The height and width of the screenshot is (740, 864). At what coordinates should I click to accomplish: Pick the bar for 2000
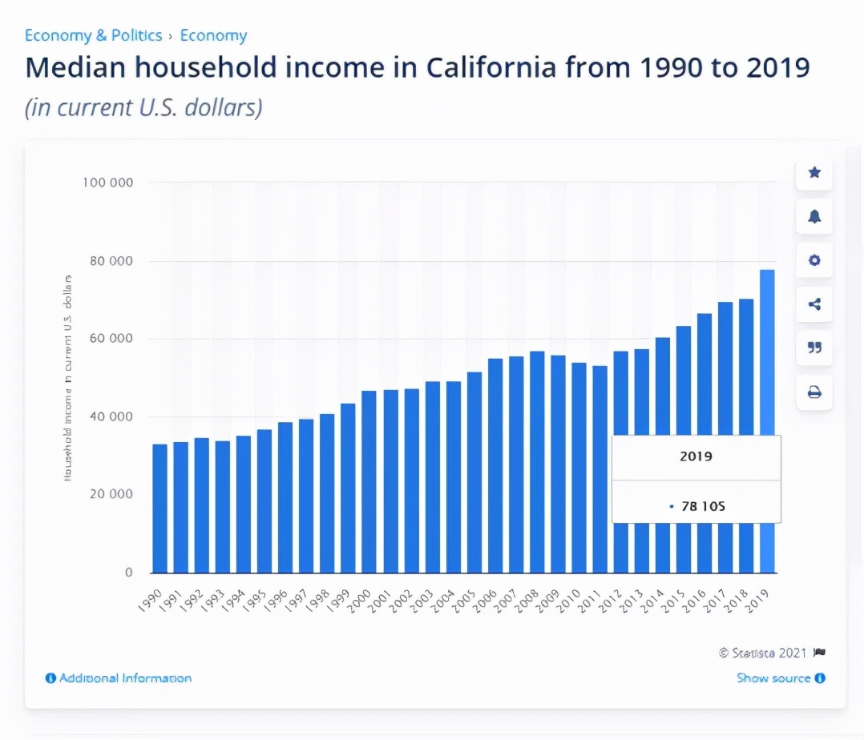369,481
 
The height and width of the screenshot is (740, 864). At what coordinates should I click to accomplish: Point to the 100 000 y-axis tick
107,183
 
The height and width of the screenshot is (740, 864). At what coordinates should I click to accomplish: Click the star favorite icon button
814,172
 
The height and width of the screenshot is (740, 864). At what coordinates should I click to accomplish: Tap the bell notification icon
814,216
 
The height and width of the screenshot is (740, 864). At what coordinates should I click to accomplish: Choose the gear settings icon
814,260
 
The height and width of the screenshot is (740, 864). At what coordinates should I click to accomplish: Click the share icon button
814,304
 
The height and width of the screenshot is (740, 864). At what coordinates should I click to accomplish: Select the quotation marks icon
814,348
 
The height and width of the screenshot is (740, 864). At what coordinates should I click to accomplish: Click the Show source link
773,678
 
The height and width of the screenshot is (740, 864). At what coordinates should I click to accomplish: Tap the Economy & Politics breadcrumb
93,36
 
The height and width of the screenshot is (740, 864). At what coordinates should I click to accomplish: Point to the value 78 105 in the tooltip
702,506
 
